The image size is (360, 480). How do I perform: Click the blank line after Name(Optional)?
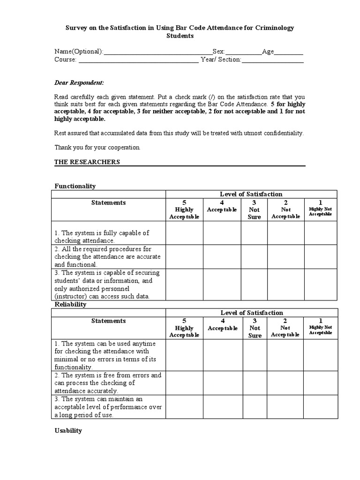point(157,52)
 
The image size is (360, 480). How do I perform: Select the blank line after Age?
point(288,52)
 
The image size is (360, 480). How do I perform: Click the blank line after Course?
point(138,60)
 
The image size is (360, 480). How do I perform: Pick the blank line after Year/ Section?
point(272,60)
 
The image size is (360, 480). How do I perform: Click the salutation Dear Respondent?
point(79,82)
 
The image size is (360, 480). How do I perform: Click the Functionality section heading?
point(75,186)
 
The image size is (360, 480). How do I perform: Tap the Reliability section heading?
point(71,304)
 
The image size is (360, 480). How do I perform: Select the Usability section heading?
point(68,430)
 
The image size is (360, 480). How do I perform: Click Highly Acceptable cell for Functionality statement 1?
point(184,233)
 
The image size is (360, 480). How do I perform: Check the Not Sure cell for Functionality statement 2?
point(254,256)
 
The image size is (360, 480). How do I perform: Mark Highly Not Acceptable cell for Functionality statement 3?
point(321,284)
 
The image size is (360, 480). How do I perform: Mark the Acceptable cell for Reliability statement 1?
point(223,355)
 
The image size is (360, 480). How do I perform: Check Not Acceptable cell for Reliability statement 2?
point(285,382)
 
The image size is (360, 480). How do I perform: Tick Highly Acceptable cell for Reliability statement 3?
point(184,406)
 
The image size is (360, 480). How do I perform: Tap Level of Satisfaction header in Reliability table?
point(251,313)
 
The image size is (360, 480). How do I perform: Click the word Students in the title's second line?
point(180,36)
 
